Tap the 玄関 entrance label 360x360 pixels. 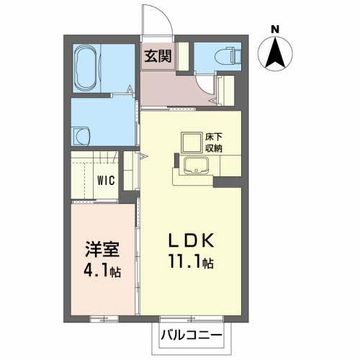[158, 56]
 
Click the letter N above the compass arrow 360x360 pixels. [274, 29]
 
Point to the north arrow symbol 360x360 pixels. [274, 54]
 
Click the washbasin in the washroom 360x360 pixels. [80, 135]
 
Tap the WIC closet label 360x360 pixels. [107, 180]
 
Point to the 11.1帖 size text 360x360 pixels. [192, 262]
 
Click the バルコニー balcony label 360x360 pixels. [191, 336]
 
